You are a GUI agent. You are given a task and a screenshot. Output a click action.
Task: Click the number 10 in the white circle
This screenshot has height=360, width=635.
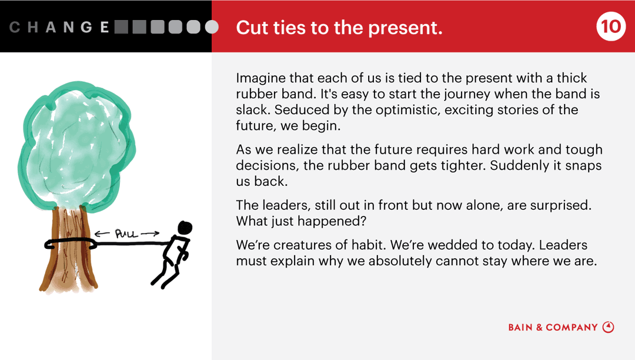pyautogui.click(x=611, y=26)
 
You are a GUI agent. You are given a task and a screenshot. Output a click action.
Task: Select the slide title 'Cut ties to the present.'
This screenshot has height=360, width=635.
pyautogui.click(x=339, y=27)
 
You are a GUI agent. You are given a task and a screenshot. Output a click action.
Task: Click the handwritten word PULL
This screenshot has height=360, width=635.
pyautogui.click(x=126, y=234)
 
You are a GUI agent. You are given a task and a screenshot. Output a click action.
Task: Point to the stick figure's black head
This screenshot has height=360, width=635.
pyautogui.click(x=185, y=228)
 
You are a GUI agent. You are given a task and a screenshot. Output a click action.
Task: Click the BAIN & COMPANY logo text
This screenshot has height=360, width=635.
pyautogui.click(x=553, y=328)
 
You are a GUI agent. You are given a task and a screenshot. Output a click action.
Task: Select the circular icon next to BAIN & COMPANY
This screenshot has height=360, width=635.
pyautogui.click(x=609, y=327)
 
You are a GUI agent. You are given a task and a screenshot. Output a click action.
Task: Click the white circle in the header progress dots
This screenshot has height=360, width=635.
pyautogui.click(x=212, y=27)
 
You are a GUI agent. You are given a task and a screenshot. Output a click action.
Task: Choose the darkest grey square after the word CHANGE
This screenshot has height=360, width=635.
pyautogui.click(x=122, y=27)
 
